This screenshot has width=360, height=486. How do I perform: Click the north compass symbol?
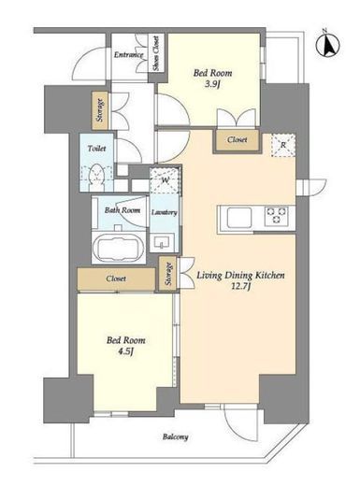pos(327,44)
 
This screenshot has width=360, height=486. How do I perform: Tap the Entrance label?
pos(128,55)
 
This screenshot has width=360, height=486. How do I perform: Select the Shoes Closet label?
pos(155,53)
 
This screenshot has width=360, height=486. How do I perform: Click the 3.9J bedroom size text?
pos(212,84)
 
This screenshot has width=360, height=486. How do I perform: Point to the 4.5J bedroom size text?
pos(125,351)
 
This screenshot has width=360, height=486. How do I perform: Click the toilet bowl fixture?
pos(96,178)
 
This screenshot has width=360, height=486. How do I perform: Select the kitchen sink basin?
pos(239,217)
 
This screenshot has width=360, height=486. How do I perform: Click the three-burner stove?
pos(276,216)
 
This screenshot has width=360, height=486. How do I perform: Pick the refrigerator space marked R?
pos(283,145)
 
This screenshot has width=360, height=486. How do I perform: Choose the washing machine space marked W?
pos(165,181)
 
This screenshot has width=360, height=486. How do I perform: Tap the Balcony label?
pos(175,437)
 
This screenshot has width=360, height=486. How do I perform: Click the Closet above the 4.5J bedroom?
pos(116,279)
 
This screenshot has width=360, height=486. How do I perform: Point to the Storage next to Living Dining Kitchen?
pos(168,274)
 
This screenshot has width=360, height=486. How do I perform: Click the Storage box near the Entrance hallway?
pos(100,110)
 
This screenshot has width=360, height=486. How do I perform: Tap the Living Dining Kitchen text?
pos(240,276)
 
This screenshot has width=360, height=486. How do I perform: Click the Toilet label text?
pos(96,149)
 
